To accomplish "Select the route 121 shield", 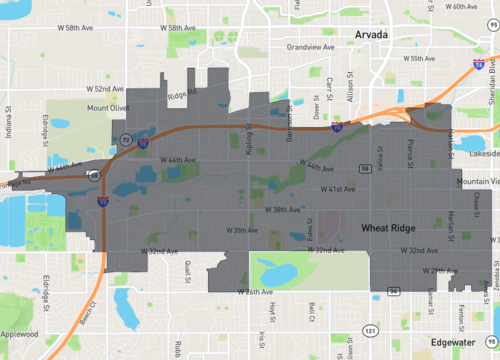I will pos(370,327).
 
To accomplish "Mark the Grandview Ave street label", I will pos(308,46).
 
